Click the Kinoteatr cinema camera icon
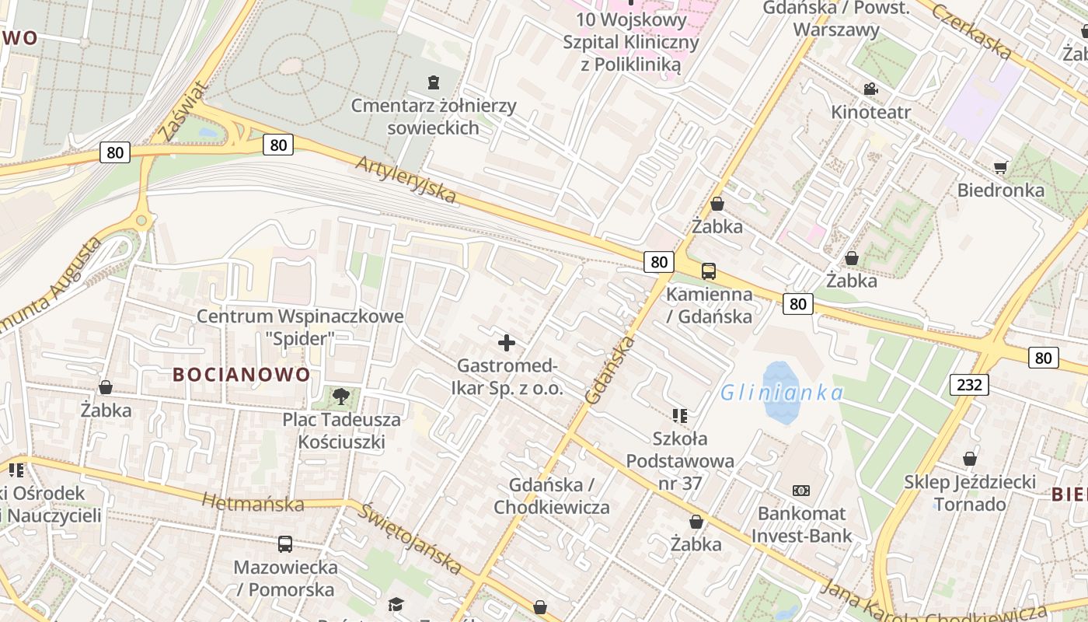(x=870, y=89)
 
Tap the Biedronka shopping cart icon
(x=1001, y=167)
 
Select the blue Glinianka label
(x=781, y=393)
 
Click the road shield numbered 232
(x=969, y=384)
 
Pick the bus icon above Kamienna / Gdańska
(x=709, y=271)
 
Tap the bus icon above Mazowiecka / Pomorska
(x=285, y=544)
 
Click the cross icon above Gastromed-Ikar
(x=507, y=342)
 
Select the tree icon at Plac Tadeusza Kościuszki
(x=340, y=397)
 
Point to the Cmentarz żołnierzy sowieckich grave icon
(x=434, y=82)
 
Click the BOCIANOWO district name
(x=241, y=375)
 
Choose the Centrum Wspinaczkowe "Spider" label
(x=300, y=327)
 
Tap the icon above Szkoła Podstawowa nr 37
(x=680, y=416)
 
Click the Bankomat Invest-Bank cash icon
(x=801, y=491)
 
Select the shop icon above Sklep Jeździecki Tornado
(x=970, y=459)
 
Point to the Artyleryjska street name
(x=406, y=180)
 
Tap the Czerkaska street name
(x=972, y=31)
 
